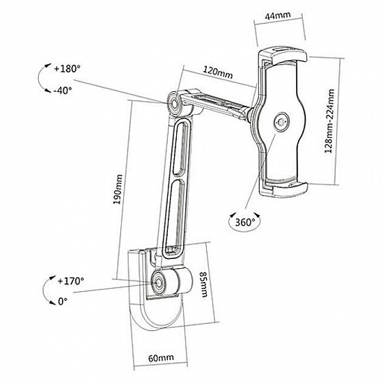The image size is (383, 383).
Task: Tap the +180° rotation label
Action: coord(68,70)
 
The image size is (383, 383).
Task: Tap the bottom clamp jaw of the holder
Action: coord(284,188)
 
